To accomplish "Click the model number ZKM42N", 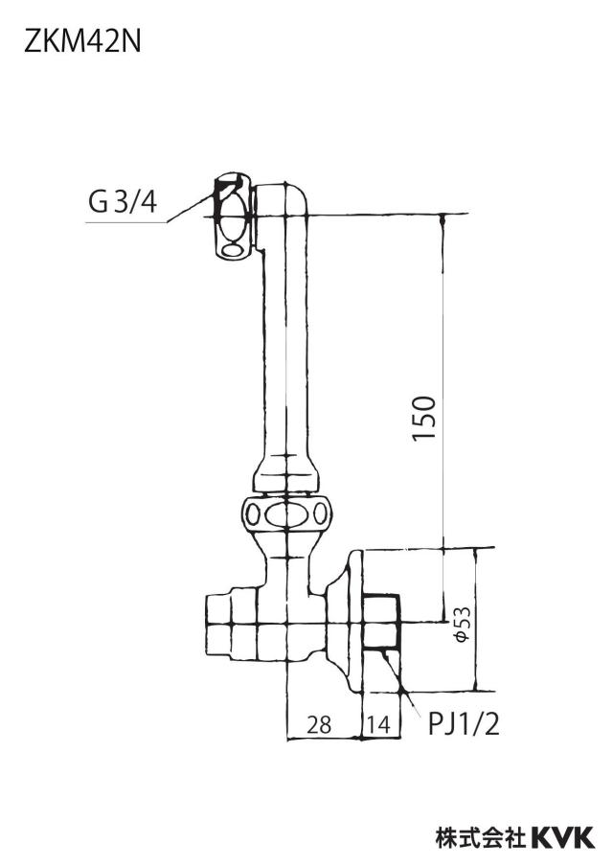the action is tap(82, 42).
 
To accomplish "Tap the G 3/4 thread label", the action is tap(123, 202).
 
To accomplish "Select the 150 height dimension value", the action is tap(424, 418).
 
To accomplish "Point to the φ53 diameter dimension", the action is tap(462, 624).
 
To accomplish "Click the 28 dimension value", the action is tap(319, 724).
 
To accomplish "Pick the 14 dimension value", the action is tap(379, 724).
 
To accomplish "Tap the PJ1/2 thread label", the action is tap(464, 723).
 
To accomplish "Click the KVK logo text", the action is tap(563, 837).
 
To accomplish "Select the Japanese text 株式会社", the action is tap(481, 837).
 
